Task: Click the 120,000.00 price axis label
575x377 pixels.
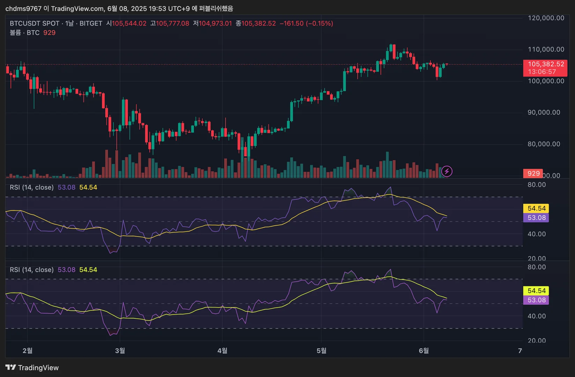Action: [546, 18]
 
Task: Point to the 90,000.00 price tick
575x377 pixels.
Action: [544, 112]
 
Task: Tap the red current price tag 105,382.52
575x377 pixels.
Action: [546, 64]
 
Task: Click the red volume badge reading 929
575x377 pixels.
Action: [533, 173]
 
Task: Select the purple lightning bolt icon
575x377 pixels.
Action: [447, 171]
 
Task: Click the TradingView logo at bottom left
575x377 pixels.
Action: [32, 368]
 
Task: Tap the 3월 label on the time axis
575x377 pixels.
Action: [120, 350]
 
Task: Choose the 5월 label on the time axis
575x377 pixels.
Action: [322, 350]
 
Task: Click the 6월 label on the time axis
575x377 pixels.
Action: [424, 350]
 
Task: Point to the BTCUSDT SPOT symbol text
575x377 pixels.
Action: [35, 23]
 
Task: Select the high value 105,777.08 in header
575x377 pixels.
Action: [172, 23]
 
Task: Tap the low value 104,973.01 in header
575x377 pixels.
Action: [215, 23]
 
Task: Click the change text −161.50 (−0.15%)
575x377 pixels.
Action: [306, 23]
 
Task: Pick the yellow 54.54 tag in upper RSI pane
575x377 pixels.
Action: [536, 208]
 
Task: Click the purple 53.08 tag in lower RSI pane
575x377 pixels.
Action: [536, 300]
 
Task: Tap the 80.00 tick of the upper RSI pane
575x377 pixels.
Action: [537, 185]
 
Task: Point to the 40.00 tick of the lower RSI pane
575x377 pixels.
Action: [537, 316]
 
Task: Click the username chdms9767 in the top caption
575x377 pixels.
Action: [23, 8]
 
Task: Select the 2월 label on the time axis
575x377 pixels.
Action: [28, 350]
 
